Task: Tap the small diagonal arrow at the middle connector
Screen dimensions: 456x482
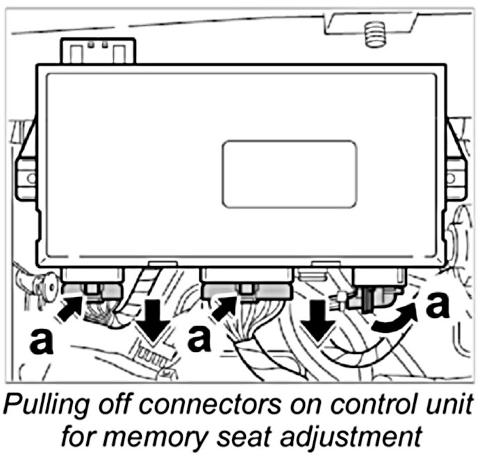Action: pos(229,307)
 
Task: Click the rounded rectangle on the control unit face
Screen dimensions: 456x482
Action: pos(289,174)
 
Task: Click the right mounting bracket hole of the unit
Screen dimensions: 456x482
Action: pos(457,176)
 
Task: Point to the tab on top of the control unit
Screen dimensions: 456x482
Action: pos(98,50)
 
